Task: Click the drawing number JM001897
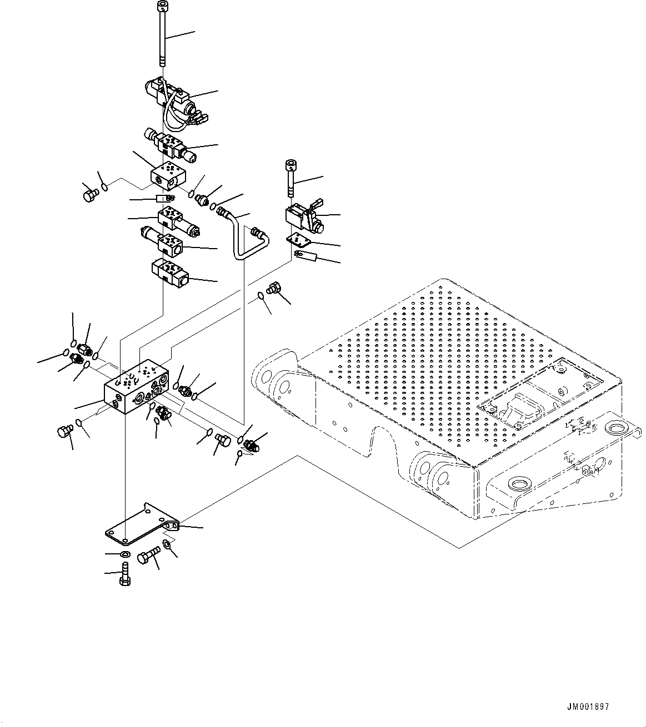tap(588, 707)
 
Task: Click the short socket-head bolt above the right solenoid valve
tap(290, 178)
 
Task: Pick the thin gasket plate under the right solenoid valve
tap(306, 239)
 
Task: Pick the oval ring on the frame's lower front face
tap(523, 487)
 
